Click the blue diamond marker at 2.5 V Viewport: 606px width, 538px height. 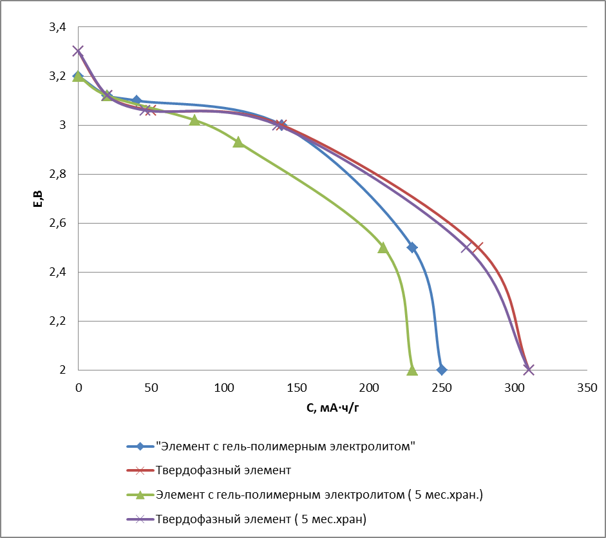pyautogui.click(x=412, y=247)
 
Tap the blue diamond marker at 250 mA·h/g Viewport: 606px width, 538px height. pyautogui.click(x=441, y=370)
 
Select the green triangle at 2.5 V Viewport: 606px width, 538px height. pyautogui.click(x=383, y=247)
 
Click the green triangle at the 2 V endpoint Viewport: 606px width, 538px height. pyautogui.click(x=412, y=370)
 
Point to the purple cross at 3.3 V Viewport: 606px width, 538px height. pyautogui.click(x=78, y=51)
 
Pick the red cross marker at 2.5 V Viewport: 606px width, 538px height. pyautogui.click(x=477, y=247)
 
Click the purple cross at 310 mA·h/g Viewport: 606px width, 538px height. pyautogui.click(x=529, y=370)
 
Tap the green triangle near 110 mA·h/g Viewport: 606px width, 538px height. pyautogui.click(x=238, y=142)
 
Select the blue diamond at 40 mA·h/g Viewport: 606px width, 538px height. pyautogui.click(x=136, y=101)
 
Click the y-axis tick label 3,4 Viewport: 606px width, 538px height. pyautogui.click(x=57, y=27)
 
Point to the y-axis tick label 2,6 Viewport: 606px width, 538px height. pyautogui.click(x=57, y=223)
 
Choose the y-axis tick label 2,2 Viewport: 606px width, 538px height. pyautogui.click(x=57, y=321)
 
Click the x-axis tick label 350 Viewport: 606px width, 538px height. pyautogui.click(x=587, y=388)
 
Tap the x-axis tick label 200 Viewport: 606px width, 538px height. pyautogui.click(x=369, y=388)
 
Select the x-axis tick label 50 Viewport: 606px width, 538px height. pyautogui.click(x=151, y=388)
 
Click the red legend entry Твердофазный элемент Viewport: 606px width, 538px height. pyautogui.click(x=223, y=470)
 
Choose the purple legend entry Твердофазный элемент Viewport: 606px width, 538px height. pyautogui.click(x=265, y=518)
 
